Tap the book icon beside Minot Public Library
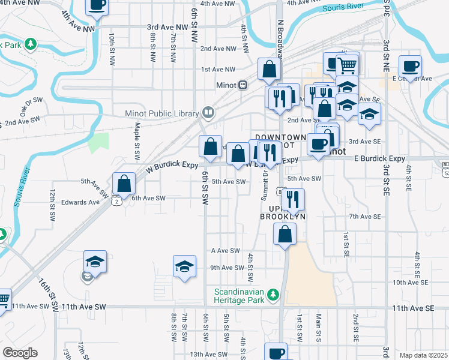(207, 112)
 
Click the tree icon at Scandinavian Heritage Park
(274, 294)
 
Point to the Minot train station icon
(243, 85)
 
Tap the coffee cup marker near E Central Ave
(411, 65)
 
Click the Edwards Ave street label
(85, 202)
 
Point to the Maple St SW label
(137, 141)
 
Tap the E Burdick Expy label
(379, 158)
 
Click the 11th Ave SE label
(413, 308)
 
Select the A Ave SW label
(226, 251)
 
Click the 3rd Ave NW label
(168, 28)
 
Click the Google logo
(20, 353)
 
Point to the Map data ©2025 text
(424, 355)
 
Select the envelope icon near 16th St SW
(88, 277)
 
